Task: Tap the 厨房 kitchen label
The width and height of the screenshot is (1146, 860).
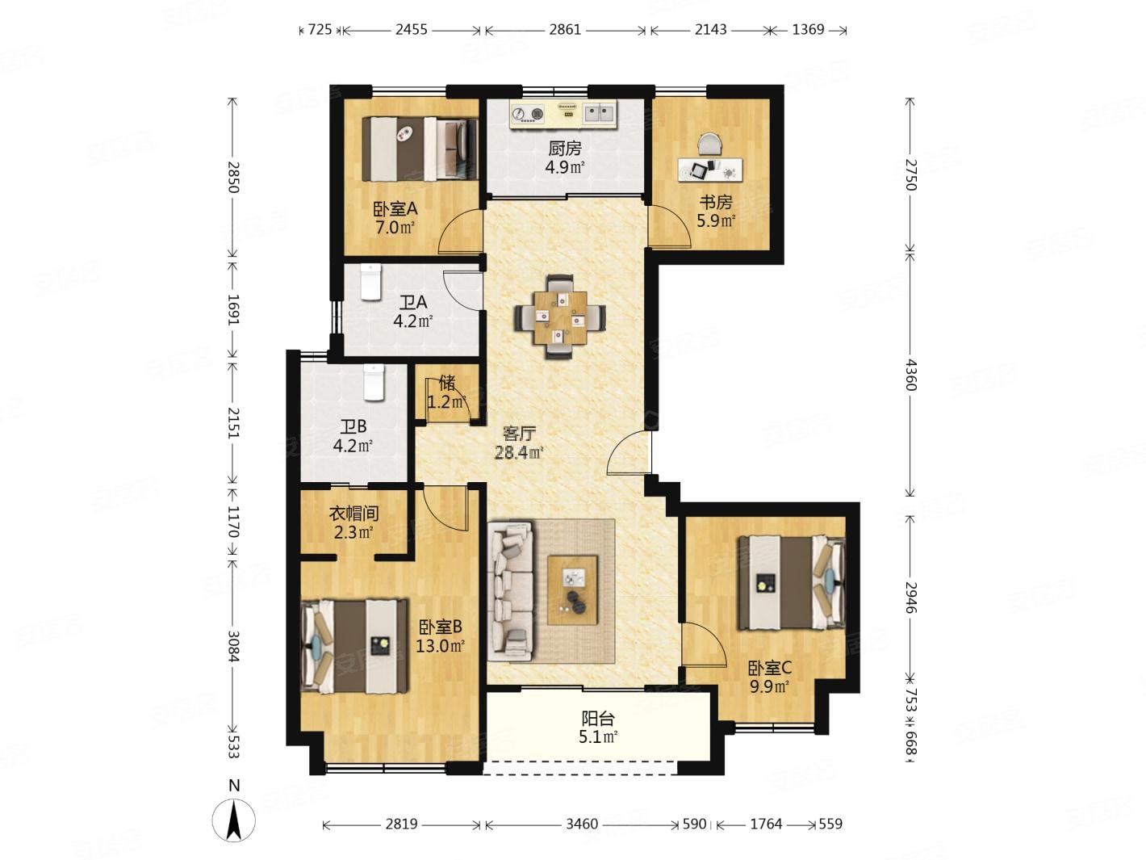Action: [x=564, y=149]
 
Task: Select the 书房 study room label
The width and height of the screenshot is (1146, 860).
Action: [x=716, y=202]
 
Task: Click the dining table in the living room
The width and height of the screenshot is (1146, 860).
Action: [x=560, y=317]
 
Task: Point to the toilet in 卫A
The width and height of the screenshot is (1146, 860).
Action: [x=371, y=282]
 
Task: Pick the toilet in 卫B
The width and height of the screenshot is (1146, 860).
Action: [x=374, y=382]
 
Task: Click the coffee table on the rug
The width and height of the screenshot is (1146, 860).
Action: [x=572, y=589]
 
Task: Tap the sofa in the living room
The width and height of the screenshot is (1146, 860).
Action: [x=510, y=592]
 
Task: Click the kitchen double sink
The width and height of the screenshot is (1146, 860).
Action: [x=599, y=113]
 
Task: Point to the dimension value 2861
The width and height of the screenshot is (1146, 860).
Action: [x=565, y=29]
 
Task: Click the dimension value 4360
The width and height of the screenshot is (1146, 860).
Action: [x=910, y=375]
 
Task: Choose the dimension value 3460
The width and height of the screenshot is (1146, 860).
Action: [x=582, y=824]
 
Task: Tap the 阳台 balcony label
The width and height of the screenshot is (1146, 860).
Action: [x=598, y=719]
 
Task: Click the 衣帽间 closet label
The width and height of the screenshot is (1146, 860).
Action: [x=353, y=514]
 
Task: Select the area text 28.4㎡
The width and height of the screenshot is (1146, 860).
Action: [x=519, y=452]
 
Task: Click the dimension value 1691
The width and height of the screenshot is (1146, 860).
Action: [x=233, y=309]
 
